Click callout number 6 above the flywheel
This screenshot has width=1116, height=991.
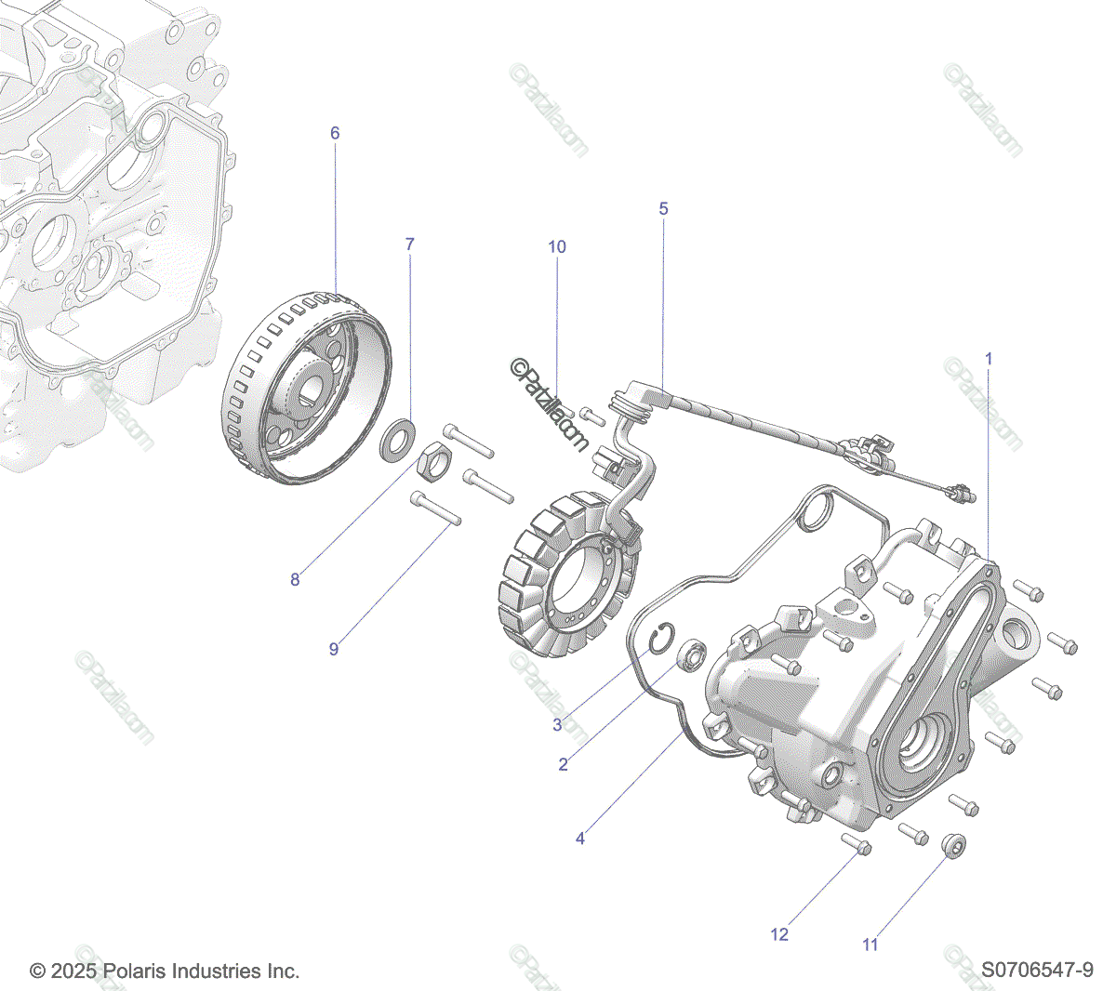pyautogui.click(x=335, y=133)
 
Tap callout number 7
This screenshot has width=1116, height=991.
pyautogui.click(x=409, y=244)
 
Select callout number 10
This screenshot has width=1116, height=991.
pyautogui.click(x=556, y=246)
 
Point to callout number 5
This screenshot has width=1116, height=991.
pyautogui.click(x=663, y=208)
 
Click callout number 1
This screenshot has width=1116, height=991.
pyautogui.click(x=989, y=358)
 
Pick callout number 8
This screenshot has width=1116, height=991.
pyautogui.click(x=295, y=579)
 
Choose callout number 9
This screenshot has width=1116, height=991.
pyautogui.click(x=334, y=649)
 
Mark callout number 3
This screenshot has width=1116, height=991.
pyautogui.click(x=557, y=724)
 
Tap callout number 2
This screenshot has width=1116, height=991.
pyautogui.click(x=563, y=765)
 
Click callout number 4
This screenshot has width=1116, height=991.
pyautogui.click(x=580, y=839)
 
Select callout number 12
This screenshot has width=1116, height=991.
pyautogui.click(x=779, y=933)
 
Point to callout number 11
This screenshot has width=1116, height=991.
pyautogui.click(x=870, y=945)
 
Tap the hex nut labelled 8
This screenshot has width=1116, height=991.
pyautogui.click(x=432, y=461)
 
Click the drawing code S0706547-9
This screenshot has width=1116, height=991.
pyautogui.click(x=1037, y=971)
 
